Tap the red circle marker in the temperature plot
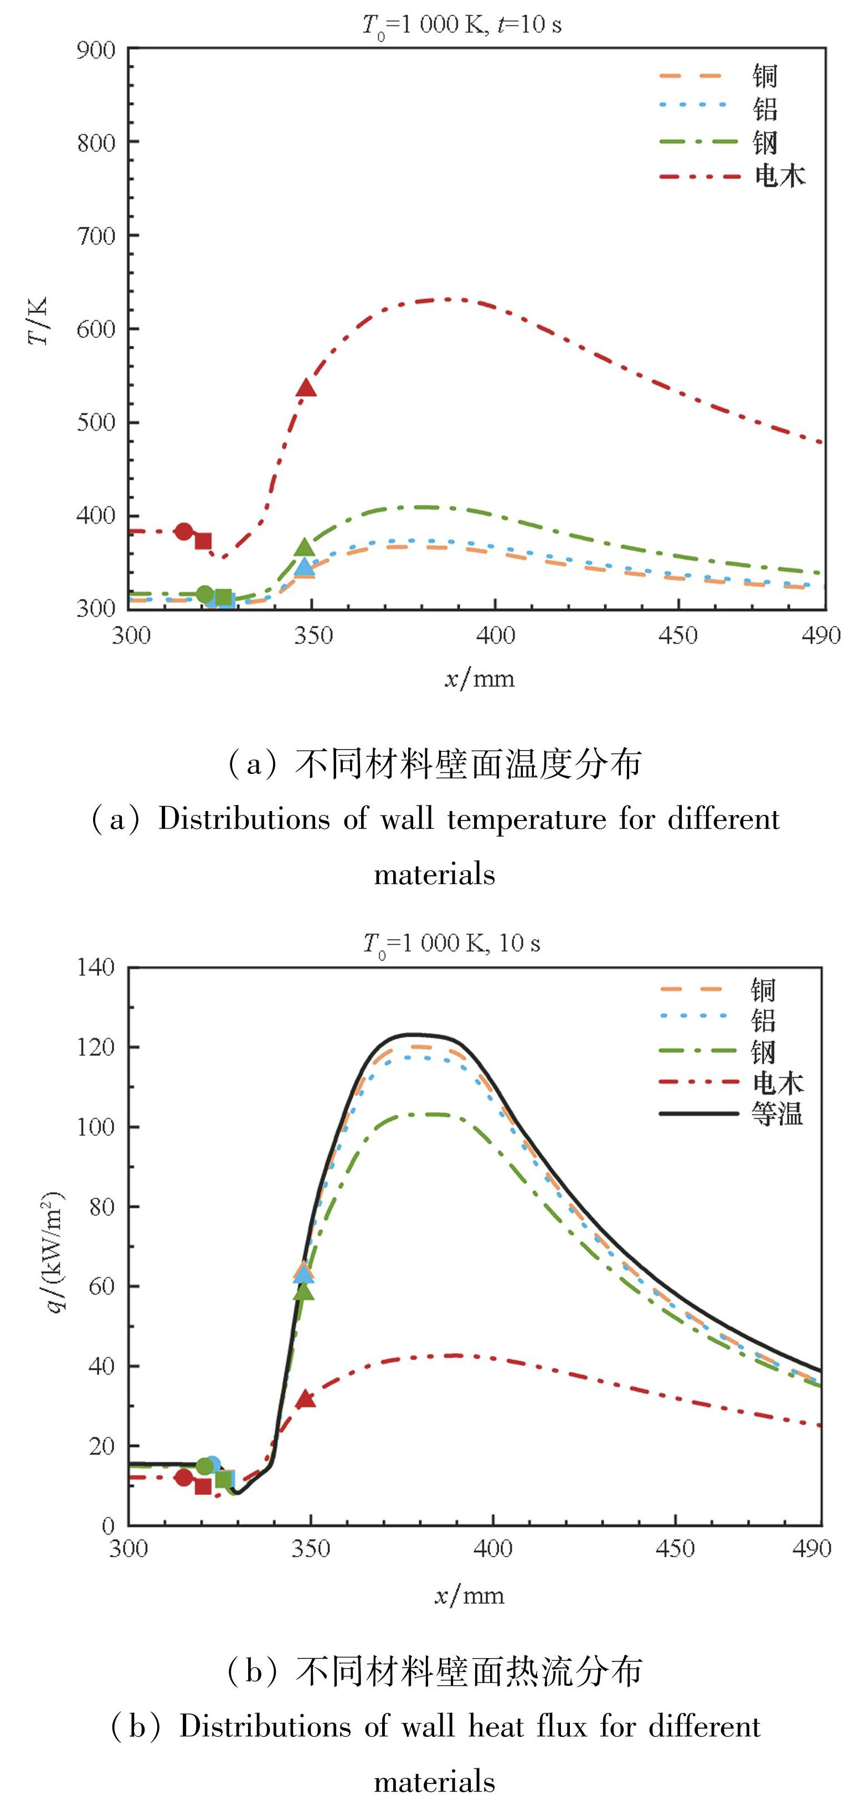(184, 531)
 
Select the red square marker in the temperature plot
(203, 541)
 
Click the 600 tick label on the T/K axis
(96, 329)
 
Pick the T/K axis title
(38, 321)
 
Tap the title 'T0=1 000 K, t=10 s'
(461, 25)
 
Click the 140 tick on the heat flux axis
(96, 967)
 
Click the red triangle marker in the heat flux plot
(305, 1399)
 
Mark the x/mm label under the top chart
(479, 678)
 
